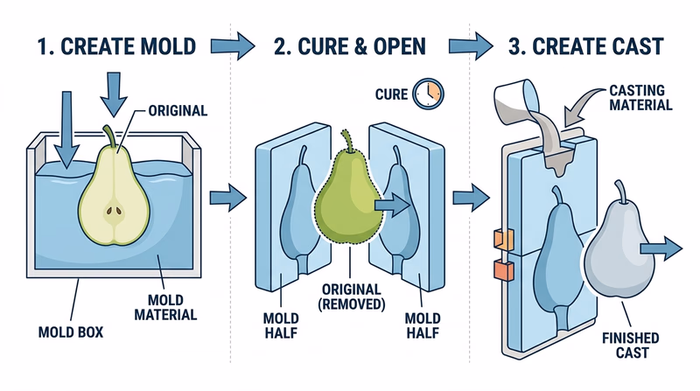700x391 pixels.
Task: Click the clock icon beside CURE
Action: (429, 92)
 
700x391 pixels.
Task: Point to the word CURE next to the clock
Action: (391, 93)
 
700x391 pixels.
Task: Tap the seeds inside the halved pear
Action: (114, 211)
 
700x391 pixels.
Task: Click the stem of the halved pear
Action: (108, 137)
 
